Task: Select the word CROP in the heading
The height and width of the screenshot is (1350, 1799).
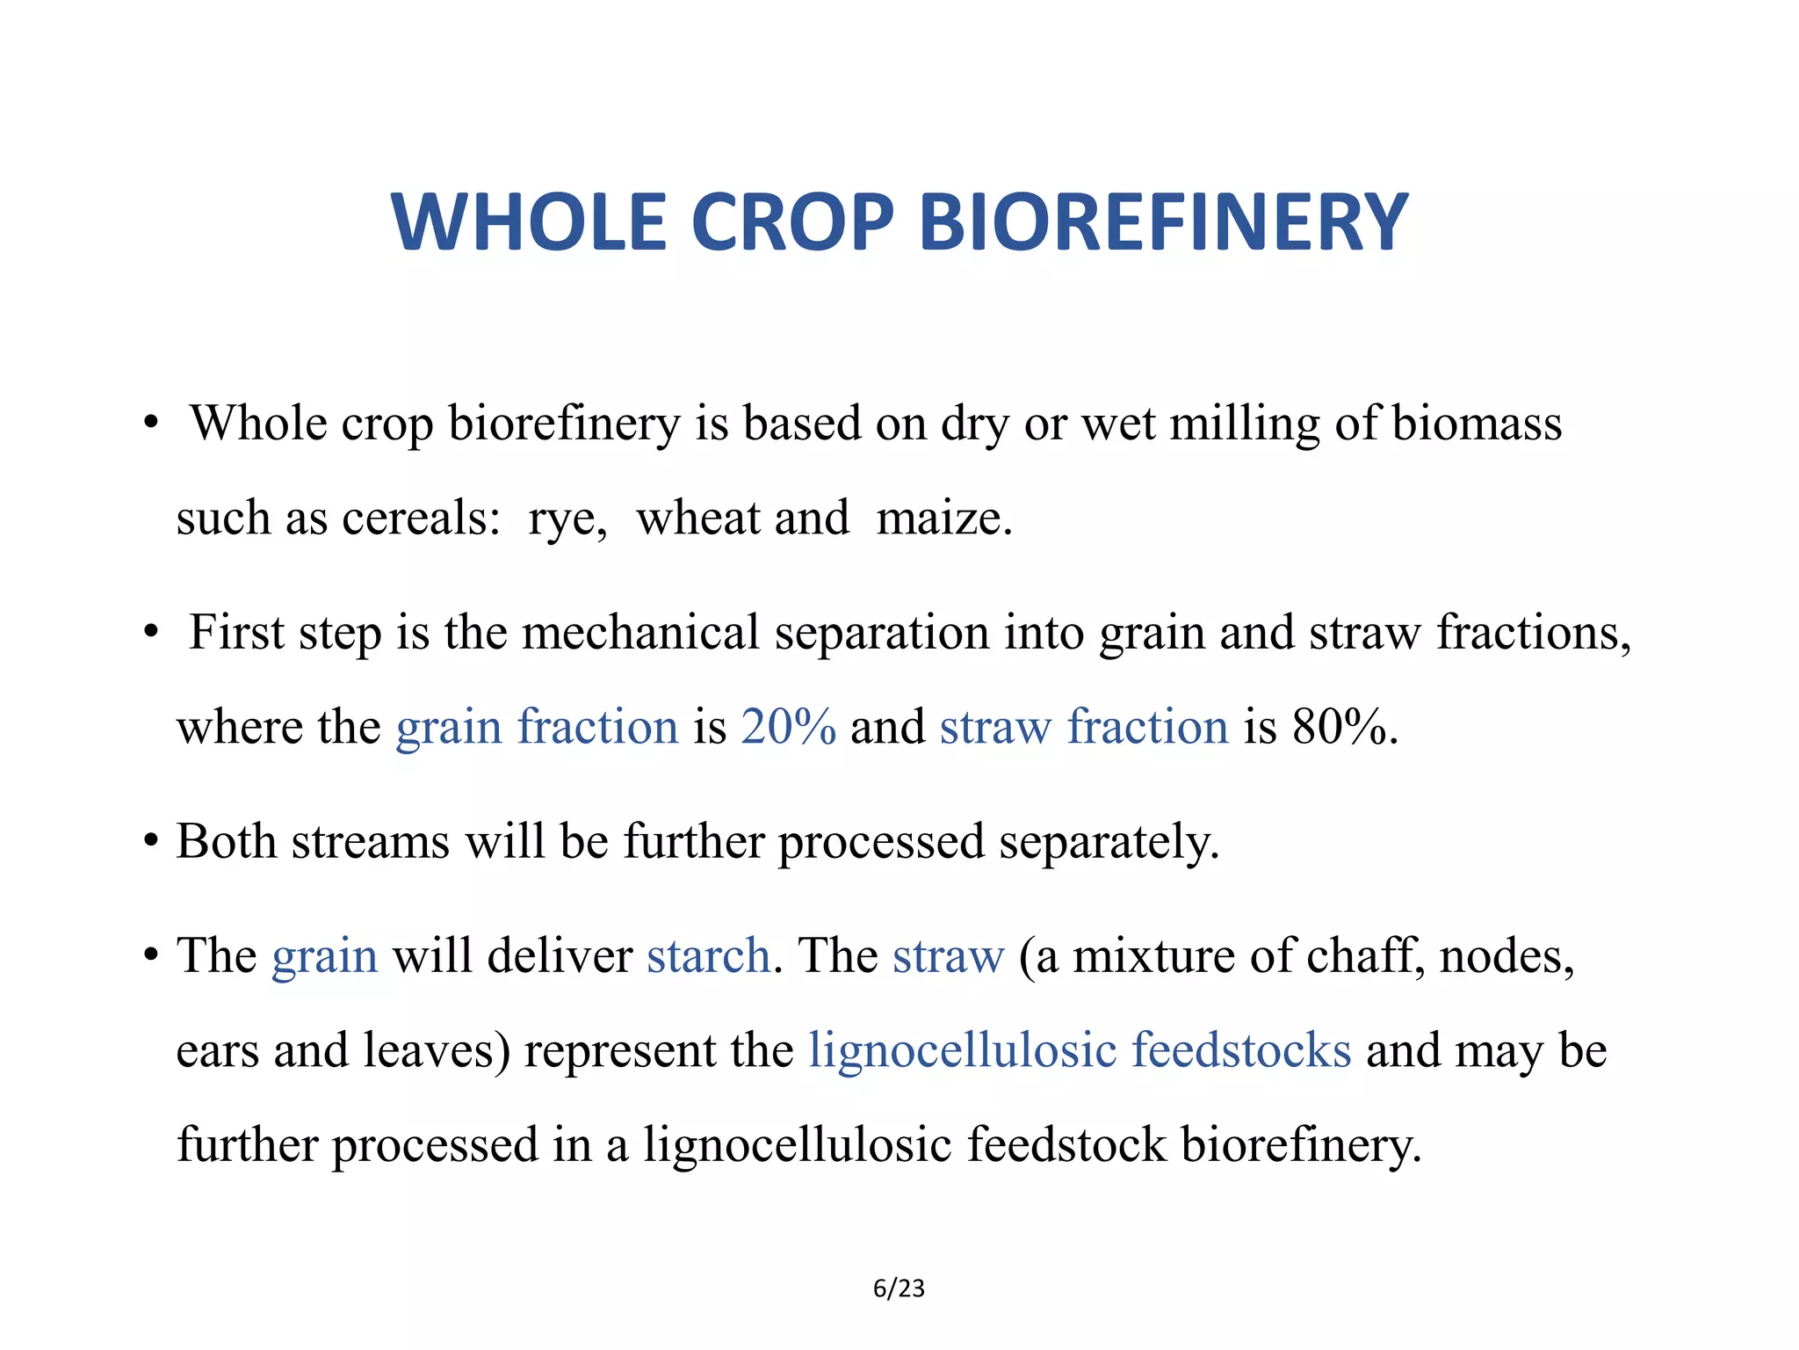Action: tap(792, 222)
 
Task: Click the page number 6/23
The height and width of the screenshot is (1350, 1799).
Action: tap(899, 1288)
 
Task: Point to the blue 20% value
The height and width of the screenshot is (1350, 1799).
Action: tap(788, 727)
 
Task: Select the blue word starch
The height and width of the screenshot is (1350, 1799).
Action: tap(709, 955)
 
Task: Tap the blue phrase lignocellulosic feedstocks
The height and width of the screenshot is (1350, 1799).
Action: tap(1080, 1050)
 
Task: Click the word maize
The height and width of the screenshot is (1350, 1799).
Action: tap(942, 518)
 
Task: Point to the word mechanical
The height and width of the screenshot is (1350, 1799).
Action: tap(640, 633)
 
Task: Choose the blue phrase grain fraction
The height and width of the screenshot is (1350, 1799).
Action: tap(537, 727)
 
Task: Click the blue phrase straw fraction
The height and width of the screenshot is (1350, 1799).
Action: tap(1083, 727)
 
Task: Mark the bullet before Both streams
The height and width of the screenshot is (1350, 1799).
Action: tap(152, 841)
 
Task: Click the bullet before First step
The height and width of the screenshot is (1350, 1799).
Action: tap(152, 632)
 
